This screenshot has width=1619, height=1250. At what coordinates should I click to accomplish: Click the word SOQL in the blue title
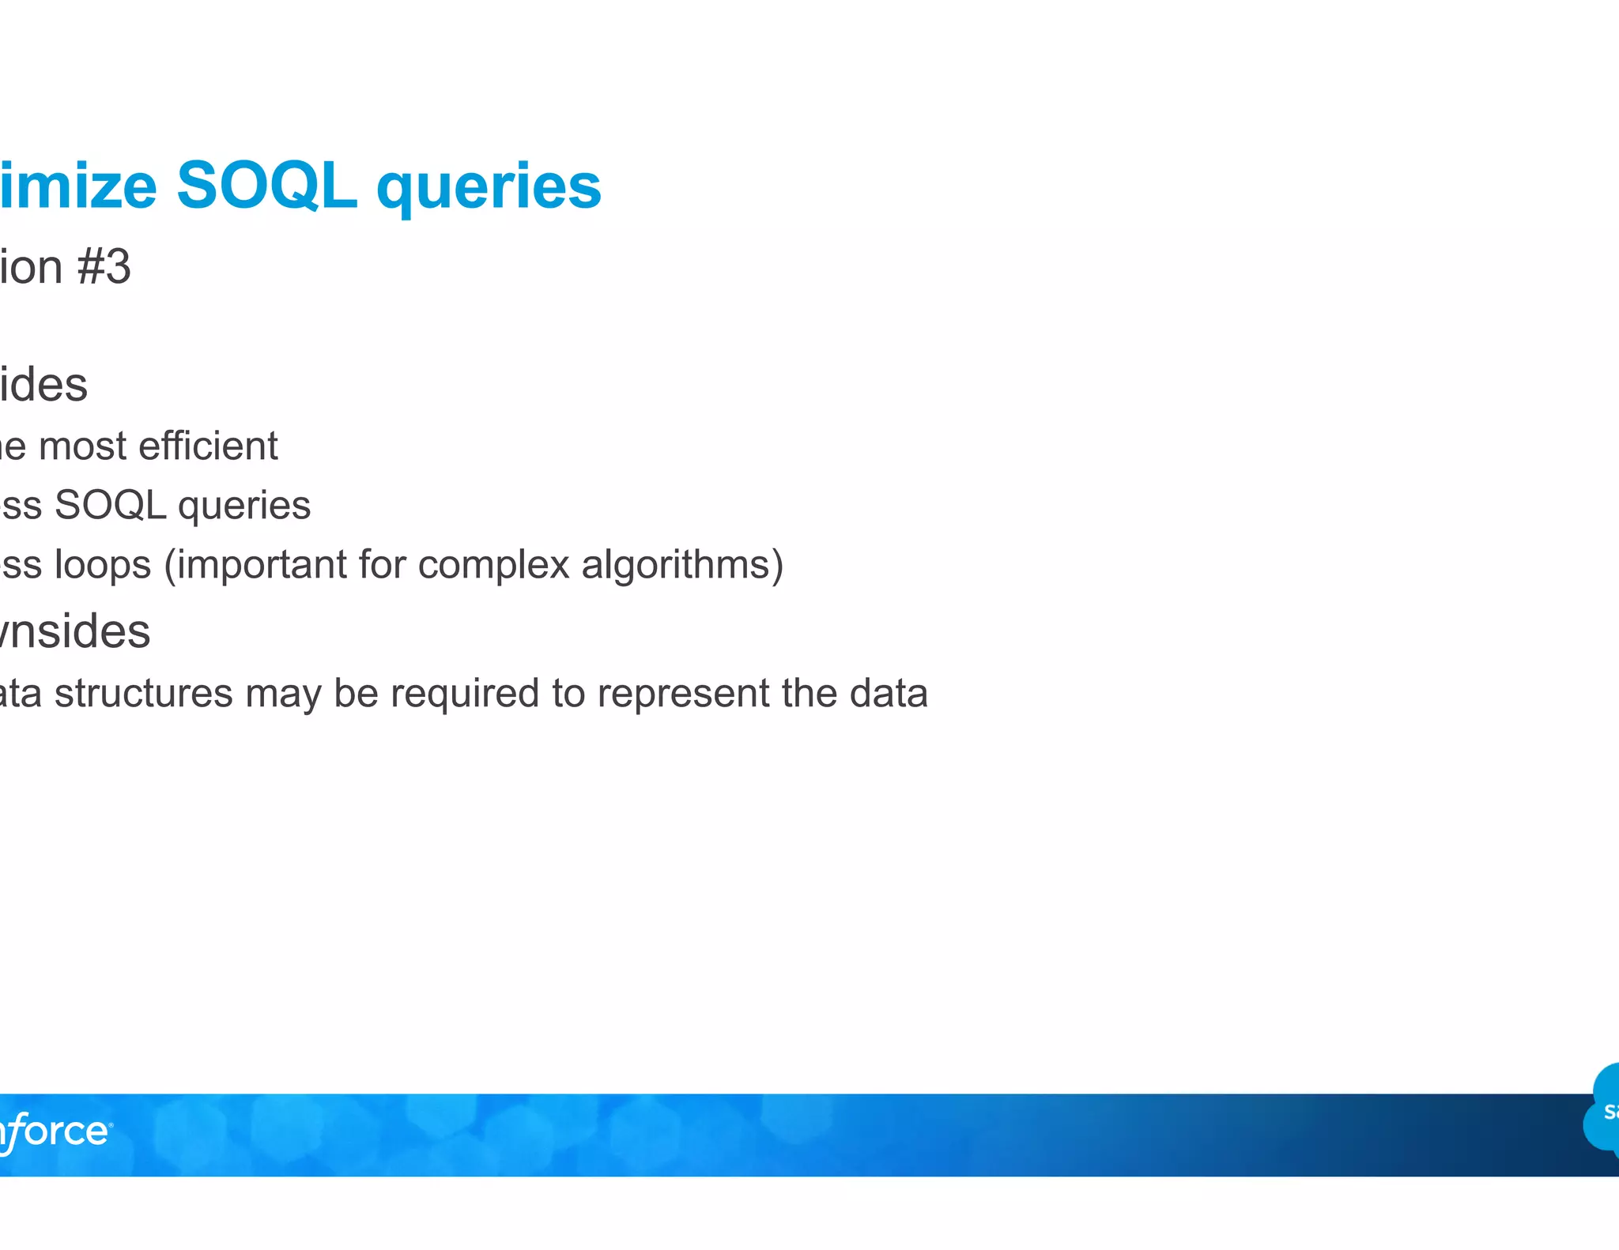tap(266, 186)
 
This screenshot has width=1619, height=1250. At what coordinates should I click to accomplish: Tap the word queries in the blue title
tap(489, 190)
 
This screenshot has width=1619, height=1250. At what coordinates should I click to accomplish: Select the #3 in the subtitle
tap(104, 267)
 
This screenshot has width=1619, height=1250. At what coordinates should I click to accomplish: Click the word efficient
tap(208, 446)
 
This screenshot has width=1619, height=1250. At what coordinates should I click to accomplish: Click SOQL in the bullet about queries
tap(110, 506)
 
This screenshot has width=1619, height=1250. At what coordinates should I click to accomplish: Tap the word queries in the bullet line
tap(244, 507)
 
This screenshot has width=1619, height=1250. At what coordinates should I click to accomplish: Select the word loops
tap(103, 566)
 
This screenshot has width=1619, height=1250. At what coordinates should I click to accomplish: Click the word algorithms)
tap(682, 566)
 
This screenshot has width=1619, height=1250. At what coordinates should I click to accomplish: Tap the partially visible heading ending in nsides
tap(74, 632)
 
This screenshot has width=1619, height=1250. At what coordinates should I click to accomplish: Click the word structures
tap(143, 694)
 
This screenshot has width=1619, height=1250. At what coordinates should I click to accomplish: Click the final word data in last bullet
tap(888, 694)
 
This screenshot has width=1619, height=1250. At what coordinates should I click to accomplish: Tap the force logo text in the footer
tap(55, 1131)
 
